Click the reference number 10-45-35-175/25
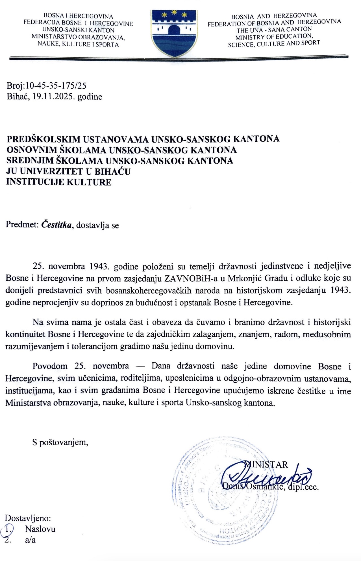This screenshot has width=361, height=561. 56,86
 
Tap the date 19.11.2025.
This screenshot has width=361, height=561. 54,97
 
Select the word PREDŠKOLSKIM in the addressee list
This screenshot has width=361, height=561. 45,139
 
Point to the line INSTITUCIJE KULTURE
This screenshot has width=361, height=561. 59,182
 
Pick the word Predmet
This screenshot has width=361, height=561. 22,225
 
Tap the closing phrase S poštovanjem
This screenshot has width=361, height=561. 60,442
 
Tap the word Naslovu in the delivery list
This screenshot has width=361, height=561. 40,529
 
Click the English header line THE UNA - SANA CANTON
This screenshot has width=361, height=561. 274,30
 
